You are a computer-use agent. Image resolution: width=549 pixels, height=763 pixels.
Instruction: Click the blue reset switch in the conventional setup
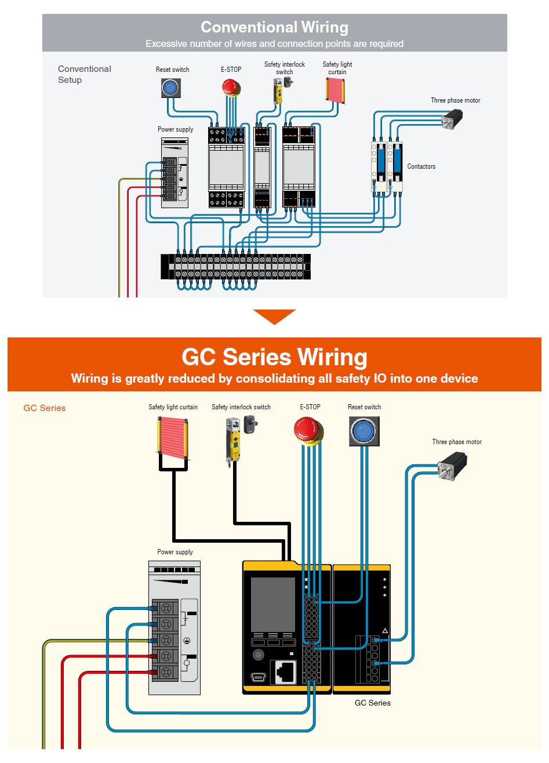pyautogui.click(x=170, y=88)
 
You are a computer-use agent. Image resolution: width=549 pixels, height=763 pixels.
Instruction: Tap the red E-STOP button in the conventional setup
pyautogui.click(x=231, y=88)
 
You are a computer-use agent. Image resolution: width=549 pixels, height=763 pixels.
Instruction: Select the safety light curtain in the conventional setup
pyautogui.click(x=337, y=90)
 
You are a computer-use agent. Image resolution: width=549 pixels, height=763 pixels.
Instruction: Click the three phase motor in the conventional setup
pyautogui.click(x=452, y=119)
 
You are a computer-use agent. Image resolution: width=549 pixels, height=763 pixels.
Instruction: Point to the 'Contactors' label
pyautogui.click(x=421, y=166)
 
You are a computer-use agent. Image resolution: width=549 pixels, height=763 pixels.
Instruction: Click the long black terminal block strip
pyautogui.click(x=235, y=267)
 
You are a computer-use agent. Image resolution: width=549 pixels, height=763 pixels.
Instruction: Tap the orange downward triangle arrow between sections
pyautogui.click(x=274, y=317)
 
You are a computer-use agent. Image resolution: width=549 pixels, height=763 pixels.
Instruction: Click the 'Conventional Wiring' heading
pyautogui.click(x=274, y=27)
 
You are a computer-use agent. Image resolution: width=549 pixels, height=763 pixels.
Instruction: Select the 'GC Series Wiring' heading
pyautogui.click(x=274, y=357)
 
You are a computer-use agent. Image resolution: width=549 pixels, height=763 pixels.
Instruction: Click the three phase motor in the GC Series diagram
pyautogui.click(x=452, y=467)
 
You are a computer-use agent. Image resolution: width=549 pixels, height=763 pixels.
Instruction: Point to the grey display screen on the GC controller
pyautogui.click(x=272, y=604)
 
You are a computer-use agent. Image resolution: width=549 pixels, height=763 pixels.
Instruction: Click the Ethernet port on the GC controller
pyautogui.click(x=285, y=672)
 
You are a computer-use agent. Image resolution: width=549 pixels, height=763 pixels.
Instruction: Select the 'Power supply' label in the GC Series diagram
pyautogui.click(x=175, y=552)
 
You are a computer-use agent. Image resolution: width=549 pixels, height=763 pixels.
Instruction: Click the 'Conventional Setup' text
pyautogui.click(x=84, y=74)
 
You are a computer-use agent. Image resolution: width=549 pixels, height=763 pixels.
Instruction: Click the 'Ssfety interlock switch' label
pyautogui.click(x=284, y=68)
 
